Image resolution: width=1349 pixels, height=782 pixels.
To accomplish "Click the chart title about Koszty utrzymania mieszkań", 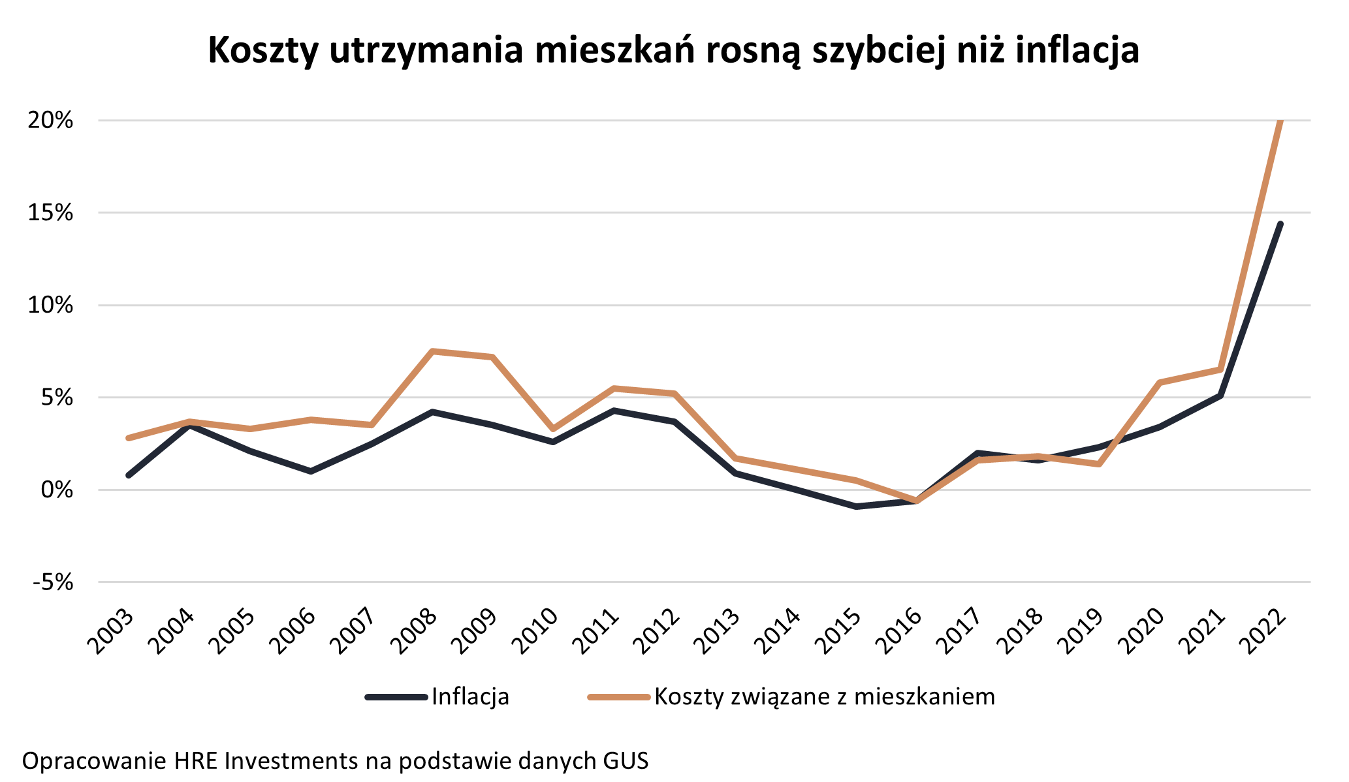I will [673, 50].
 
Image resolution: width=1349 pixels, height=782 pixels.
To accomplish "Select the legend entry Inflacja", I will [470, 696].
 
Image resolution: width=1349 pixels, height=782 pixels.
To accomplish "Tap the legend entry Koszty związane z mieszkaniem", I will [824, 696].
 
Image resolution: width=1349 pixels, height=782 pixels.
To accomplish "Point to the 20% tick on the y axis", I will [50, 121].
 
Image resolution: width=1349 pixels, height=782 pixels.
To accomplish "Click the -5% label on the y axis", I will [52, 582].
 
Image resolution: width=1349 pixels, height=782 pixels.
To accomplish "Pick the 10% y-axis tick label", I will [50, 305].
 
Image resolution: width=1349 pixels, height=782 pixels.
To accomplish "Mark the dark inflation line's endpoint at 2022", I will [1280, 224].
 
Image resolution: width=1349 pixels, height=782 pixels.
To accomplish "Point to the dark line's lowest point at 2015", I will [856, 507].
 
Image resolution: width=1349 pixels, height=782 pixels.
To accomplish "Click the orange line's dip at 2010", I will [553, 429].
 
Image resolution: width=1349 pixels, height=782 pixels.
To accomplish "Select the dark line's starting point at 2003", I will [129, 475].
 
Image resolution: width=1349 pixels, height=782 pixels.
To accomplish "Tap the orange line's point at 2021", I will [1220, 369].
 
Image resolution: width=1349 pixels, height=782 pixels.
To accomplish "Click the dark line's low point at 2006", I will [311, 471].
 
